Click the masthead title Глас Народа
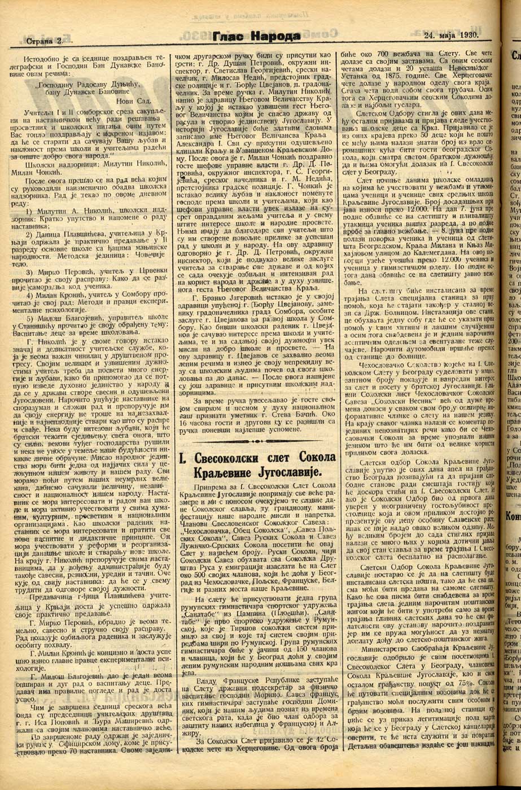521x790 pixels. tap(257, 37)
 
